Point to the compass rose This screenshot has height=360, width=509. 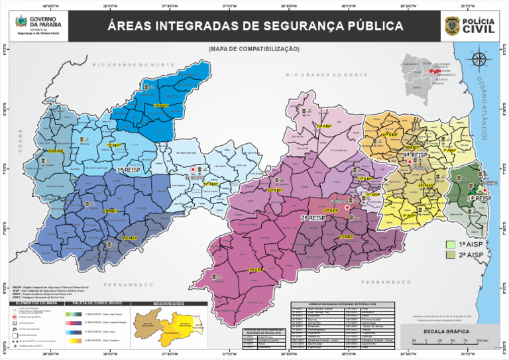point(480,60)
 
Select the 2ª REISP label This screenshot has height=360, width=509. point(312,217)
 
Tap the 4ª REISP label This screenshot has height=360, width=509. point(415,155)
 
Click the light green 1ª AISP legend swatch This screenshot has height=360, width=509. point(451,245)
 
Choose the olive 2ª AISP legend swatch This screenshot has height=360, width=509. point(451,255)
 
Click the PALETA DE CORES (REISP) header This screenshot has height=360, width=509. point(97,304)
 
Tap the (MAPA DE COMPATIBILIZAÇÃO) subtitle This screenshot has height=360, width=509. point(254,49)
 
